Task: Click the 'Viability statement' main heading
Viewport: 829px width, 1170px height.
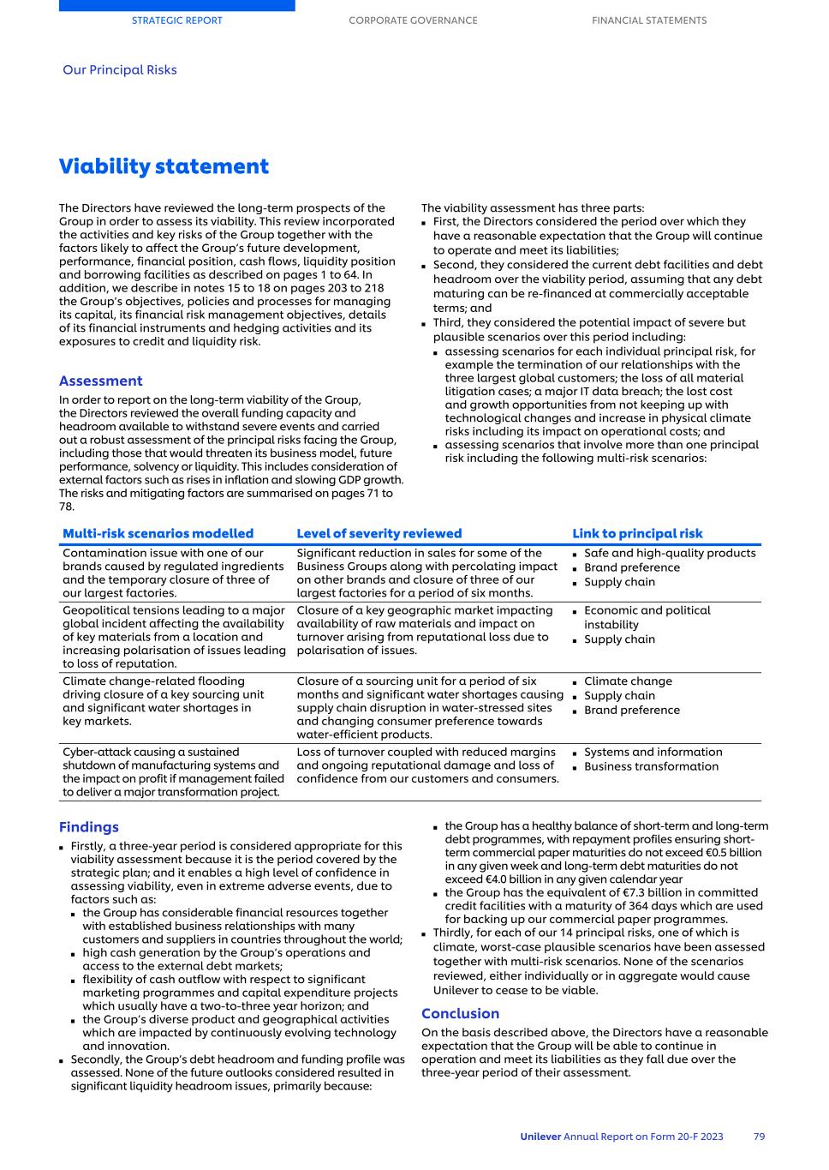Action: (164, 166)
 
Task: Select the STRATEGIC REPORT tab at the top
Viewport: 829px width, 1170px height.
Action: (176, 21)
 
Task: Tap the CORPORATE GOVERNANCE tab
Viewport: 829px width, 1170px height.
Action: (413, 21)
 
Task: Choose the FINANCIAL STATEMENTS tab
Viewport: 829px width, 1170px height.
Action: (649, 21)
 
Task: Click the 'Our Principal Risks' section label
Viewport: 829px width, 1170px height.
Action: (120, 70)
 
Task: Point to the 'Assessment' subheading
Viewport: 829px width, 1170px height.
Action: (101, 381)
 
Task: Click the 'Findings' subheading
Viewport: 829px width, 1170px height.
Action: (89, 827)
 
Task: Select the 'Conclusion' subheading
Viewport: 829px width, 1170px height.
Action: (460, 1013)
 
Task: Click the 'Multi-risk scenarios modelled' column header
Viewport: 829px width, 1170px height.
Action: (158, 533)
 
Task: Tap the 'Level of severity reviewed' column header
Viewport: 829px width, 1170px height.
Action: (379, 533)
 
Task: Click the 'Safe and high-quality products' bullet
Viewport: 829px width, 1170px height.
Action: (670, 553)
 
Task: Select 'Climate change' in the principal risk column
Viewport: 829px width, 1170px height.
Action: (628, 681)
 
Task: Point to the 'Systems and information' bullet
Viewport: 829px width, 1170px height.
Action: (653, 752)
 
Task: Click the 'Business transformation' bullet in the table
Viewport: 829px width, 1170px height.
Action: (651, 766)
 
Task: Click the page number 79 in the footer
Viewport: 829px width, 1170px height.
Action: (759, 1137)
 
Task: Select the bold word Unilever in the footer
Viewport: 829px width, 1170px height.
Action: (540, 1137)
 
